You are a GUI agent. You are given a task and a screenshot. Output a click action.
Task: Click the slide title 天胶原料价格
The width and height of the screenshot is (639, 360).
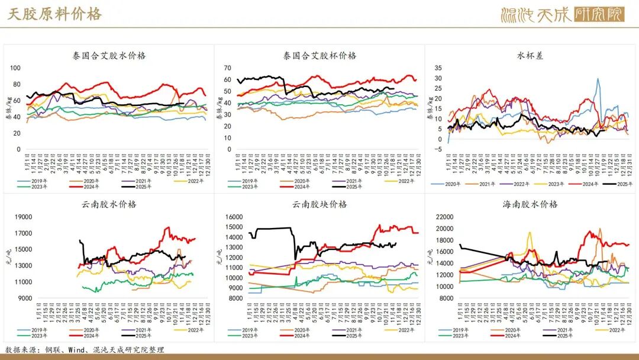point(54,14)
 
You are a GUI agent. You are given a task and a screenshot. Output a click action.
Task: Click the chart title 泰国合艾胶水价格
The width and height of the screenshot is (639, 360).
point(109,56)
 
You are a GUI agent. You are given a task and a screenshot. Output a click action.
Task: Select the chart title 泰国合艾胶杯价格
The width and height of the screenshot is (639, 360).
point(319,56)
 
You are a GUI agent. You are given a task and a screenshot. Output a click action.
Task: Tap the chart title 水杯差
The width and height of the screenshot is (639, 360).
point(530,56)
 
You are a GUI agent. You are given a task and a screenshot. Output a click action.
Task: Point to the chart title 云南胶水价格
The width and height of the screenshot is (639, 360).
point(109,204)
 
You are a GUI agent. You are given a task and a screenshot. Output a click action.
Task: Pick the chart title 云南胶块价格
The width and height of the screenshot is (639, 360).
point(319,204)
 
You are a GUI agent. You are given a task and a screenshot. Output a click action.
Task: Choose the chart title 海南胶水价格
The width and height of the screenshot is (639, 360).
point(530,204)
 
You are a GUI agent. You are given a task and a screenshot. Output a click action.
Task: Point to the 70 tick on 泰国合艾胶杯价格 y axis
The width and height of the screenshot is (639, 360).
point(227,67)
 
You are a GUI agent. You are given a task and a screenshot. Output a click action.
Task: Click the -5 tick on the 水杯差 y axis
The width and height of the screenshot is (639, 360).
point(438,149)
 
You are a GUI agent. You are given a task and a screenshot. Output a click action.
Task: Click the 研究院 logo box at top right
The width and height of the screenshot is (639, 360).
point(599,14)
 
